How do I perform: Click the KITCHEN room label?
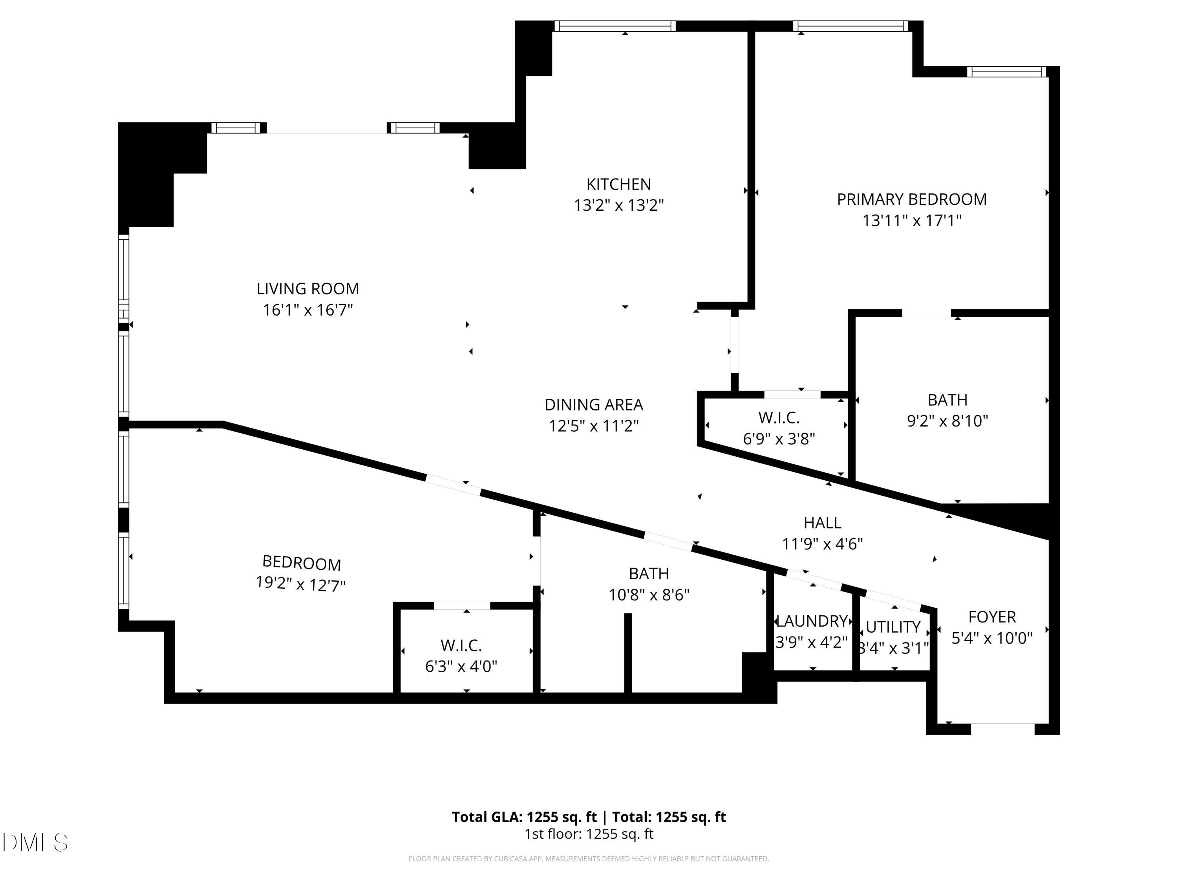(618, 184)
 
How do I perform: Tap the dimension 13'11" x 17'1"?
(912, 220)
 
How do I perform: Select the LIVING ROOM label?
(308, 288)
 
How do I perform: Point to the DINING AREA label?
(593, 405)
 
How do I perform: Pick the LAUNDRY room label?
(811, 621)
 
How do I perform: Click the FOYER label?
(991, 617)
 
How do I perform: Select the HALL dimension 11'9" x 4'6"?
(822, 544)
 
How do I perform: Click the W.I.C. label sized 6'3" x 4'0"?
(461, 646)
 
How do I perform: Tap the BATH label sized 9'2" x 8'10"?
(948, 400)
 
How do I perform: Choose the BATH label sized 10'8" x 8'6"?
(649, 573)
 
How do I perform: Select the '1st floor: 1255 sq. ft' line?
(589, 834)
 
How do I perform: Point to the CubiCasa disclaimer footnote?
(589, 859)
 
